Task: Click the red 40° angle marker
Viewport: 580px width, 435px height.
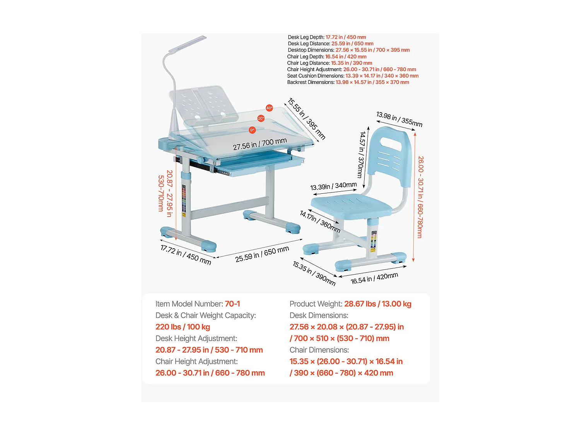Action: tap(269, 108)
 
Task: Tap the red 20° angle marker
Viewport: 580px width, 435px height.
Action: tap(261, 118)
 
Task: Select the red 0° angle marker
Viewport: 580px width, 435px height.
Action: tap(252, 130)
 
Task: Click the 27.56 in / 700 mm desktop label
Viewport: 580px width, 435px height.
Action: tap(259, 144)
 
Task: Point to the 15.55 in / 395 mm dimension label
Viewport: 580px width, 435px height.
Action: tap(307, 119)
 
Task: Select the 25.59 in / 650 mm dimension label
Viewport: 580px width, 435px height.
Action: tap(262, 254)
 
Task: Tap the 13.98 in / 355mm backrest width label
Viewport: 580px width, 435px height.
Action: tap(399, 119)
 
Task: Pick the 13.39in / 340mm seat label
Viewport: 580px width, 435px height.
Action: tap(333, 186)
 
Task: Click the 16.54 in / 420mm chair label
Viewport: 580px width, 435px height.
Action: tap(374, 278)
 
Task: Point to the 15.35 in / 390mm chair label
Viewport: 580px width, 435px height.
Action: tap(314, 273)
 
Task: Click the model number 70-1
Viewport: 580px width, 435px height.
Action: tap(232, 304)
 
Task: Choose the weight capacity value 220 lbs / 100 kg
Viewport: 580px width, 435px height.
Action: tap(183, 327)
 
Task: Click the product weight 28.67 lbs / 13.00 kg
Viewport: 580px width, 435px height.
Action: tap(377, 304)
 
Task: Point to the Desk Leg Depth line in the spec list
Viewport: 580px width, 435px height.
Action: tap(327, 37)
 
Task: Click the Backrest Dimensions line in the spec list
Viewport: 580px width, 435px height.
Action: tap(348, 82)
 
